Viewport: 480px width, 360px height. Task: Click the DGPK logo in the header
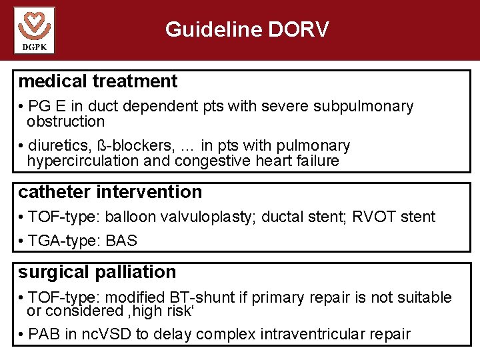click(x=34, y=30)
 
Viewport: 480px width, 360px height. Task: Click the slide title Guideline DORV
click(x=247, y=29)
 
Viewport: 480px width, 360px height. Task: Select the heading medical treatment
click(x=98, y=81)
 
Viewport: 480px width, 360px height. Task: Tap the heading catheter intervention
click(x=110, y=192)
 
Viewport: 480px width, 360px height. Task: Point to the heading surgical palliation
click(x=97, y=272)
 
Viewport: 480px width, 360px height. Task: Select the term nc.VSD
click(x=107, y=334)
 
